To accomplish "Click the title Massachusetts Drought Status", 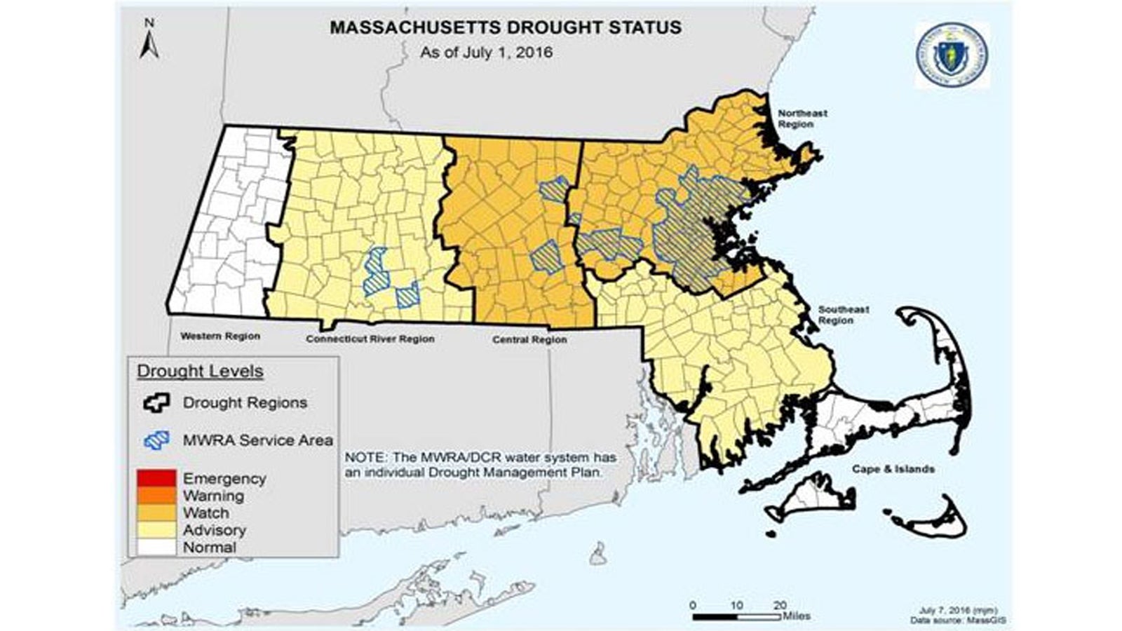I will coord(506,28).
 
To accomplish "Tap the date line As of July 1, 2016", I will coord(486,53).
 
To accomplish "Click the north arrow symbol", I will coord(149,41).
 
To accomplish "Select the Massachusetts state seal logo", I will coord(952,54).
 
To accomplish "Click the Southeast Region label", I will coord(844,315).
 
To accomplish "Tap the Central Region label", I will coord(529,339).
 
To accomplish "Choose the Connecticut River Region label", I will coord(370,339).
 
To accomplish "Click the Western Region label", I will coord(220,336).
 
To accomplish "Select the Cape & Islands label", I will coord(893,469).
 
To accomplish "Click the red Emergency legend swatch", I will coord(156,479).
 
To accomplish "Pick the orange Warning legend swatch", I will coord(156,496).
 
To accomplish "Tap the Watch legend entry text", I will coord(205,513).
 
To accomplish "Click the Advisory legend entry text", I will coord(214,530).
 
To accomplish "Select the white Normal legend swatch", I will coord(156,548).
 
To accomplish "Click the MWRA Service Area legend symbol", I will coord(156,440).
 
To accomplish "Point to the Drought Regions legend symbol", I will coord(156,402).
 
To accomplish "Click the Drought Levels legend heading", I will coord(200,372).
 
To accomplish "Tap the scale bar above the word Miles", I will coord(736,617).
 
